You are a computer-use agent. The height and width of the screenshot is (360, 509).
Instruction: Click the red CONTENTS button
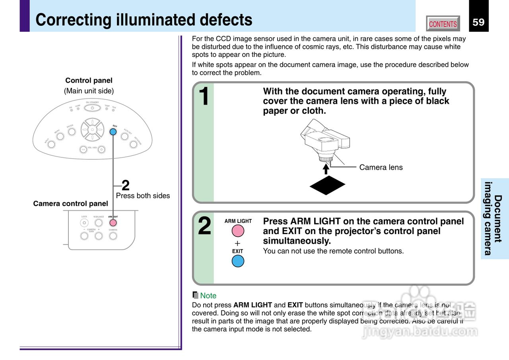[x=443, y=24]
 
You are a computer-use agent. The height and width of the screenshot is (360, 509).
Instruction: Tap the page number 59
[x=478, y=22]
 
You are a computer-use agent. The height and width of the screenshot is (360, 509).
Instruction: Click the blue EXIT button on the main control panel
[x=113, y=132]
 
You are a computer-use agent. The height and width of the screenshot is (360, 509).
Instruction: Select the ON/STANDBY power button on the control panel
[x=92, y=108]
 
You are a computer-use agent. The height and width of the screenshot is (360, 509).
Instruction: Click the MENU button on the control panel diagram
[x=60, y=137]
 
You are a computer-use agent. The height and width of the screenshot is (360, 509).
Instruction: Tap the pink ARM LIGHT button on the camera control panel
[x=113, y=223]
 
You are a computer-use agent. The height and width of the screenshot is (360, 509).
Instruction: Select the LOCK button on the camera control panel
[x=84, y=223]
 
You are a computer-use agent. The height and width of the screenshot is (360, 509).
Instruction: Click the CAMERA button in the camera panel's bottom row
[x=113, y=236]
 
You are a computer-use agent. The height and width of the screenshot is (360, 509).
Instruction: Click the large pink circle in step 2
[x=238, y=231]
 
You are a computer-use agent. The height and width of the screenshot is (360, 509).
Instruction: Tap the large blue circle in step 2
[x=238, y=261]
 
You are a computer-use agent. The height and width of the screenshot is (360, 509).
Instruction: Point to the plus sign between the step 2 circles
[x=238, y=243]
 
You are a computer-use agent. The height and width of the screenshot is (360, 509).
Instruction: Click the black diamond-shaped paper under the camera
[x=327, y=185]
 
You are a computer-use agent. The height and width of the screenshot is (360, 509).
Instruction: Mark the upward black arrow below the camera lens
[x=326, y=168]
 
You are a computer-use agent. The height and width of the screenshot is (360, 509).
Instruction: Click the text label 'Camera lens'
[x=381, y=168]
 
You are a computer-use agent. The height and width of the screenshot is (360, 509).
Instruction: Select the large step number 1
[x=204, y=97]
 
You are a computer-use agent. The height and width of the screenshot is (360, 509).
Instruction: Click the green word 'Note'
[x=208, y=296]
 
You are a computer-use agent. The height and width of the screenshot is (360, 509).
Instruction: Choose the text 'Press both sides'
[x=143, y=195]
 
